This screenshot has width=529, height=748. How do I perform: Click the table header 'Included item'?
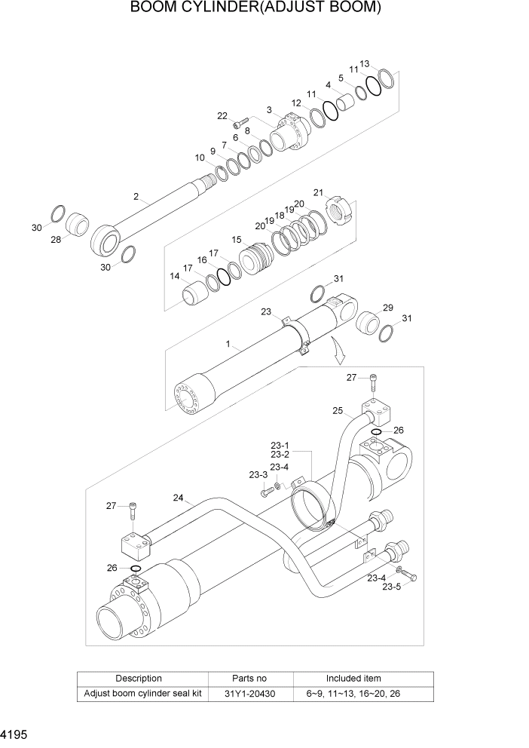353,678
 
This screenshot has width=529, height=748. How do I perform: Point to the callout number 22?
222,115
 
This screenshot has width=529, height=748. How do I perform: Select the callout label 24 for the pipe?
179,498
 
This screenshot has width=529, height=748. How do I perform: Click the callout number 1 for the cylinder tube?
227,344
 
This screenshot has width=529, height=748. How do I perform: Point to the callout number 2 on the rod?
136,197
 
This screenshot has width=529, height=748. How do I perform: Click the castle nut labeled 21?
338,209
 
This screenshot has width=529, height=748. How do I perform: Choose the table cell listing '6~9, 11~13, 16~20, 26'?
353,693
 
